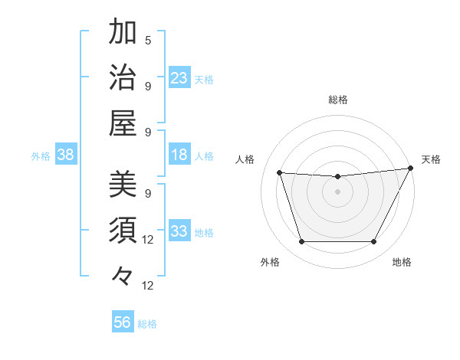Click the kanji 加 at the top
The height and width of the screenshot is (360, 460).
point(123,32)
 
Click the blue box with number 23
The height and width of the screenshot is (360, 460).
point(179,78)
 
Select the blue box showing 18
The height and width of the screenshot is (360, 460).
point(179,155)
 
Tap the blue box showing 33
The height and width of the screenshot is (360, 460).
point(179,232)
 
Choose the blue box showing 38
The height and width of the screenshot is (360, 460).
point(66,155)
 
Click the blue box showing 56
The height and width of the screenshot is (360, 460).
point(123,322)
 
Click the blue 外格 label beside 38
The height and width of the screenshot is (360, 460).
point(41,156)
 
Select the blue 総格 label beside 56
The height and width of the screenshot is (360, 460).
point(147,324)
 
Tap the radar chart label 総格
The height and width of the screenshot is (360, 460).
point(337,100)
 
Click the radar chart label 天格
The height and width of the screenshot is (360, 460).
point(431,159)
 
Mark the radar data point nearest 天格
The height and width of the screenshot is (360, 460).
point(410,169)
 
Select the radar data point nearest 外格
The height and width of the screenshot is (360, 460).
point(301,242)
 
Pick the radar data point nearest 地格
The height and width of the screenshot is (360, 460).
point(373,242)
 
